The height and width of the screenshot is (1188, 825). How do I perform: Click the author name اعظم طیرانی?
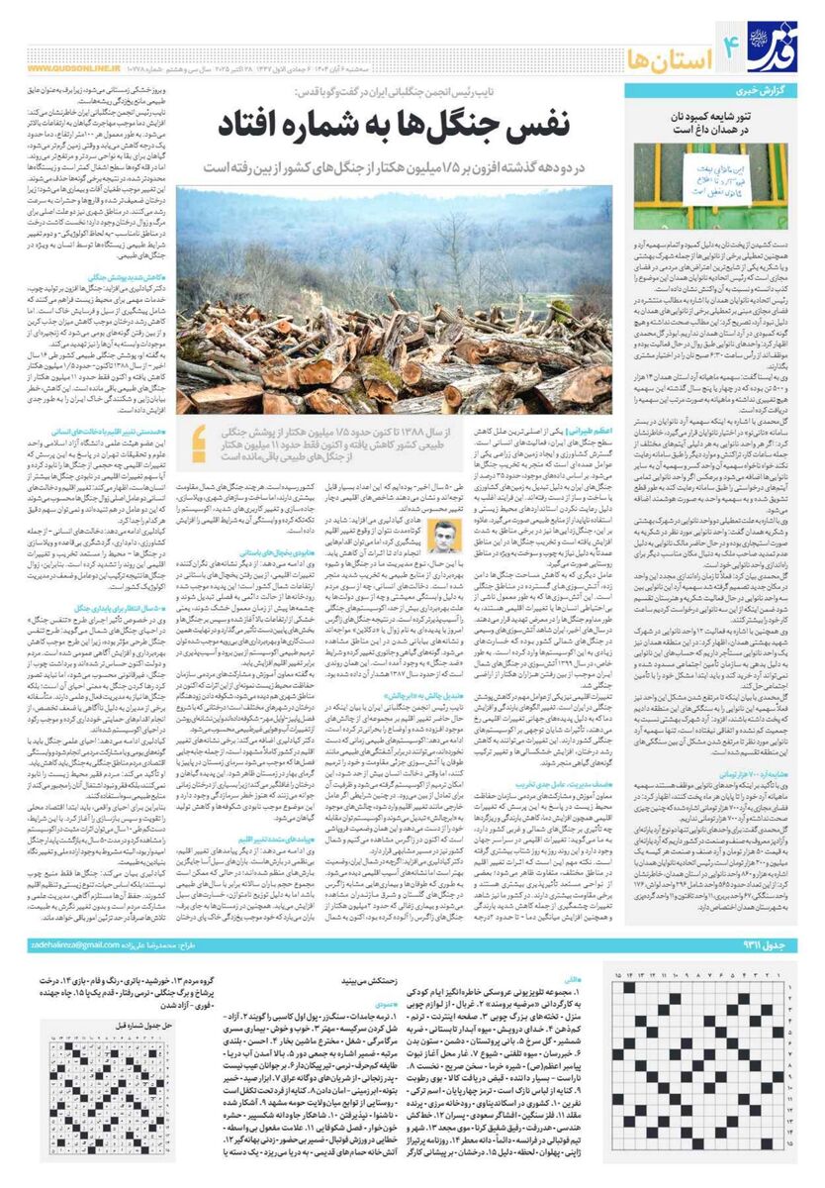click(x=590, y=433)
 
